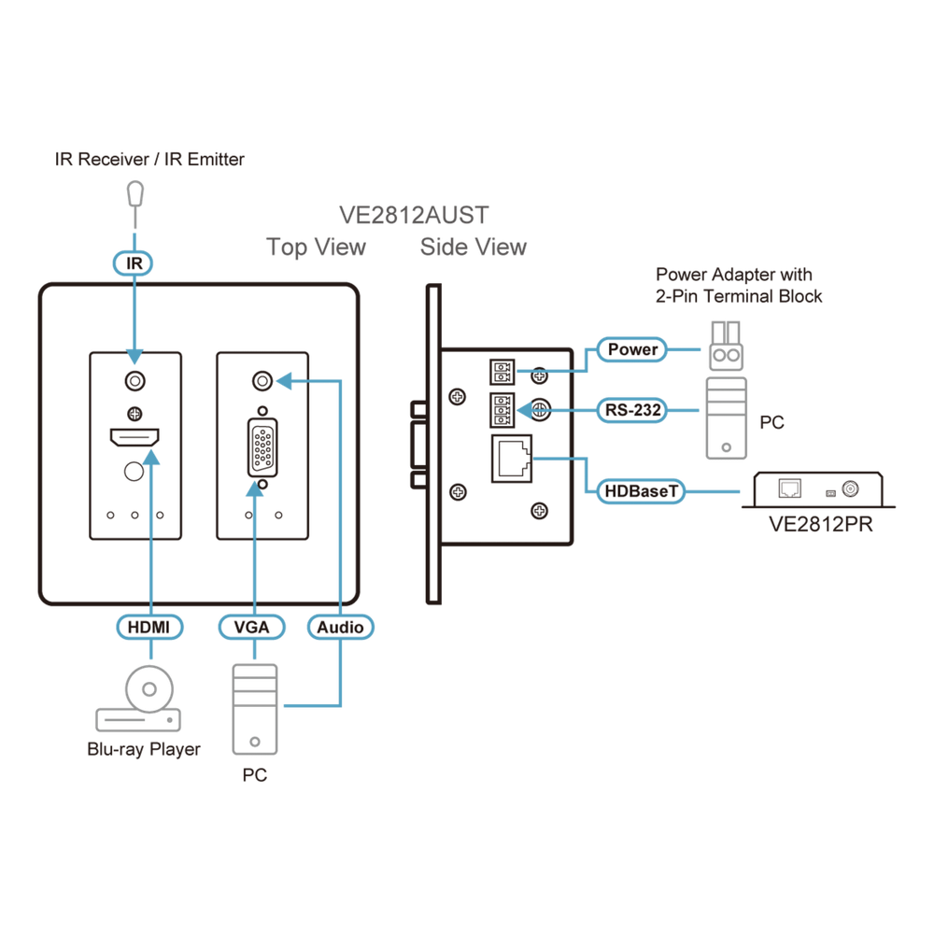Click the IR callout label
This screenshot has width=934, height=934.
(133, 262)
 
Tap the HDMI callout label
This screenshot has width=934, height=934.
(149, 627)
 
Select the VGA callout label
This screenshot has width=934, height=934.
(251, 627)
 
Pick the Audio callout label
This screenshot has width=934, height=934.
(340, 627)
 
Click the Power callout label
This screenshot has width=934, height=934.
(632, 349)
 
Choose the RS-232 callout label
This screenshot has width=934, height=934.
(632, 410)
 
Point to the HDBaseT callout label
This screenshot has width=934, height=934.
(641, 491)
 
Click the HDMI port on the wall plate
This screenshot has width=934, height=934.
(134, 438)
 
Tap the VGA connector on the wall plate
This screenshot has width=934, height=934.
(262, 448)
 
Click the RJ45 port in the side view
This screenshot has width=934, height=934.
(512, 458)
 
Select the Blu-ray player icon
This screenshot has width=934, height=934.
(138, 698)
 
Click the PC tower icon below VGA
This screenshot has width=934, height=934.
(255, 709)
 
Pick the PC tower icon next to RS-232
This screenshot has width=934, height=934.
(726, 418)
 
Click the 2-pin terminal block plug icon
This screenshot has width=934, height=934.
(726, 347)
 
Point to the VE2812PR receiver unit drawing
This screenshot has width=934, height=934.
(818, 489)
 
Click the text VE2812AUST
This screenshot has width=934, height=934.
(414, 215)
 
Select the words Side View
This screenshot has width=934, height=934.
(474, 247)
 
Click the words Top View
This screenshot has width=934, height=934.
(316, 248)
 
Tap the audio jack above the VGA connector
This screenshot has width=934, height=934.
(262, 381)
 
